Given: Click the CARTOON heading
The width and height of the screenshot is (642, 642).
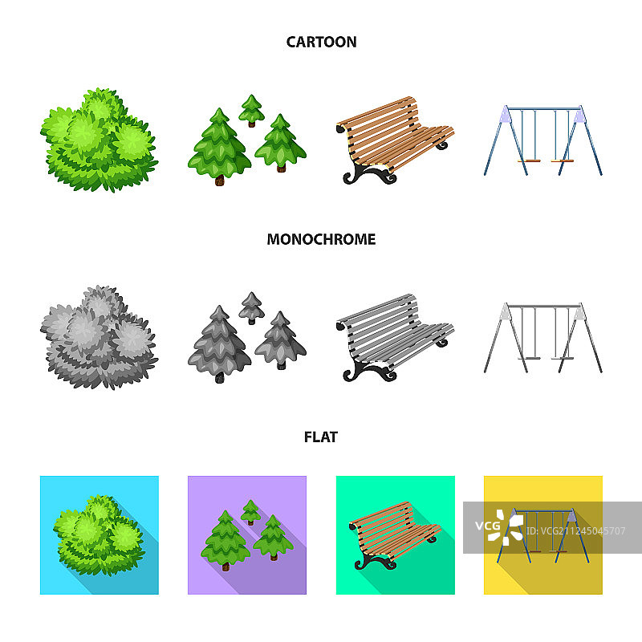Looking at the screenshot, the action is click(x=321, y=42).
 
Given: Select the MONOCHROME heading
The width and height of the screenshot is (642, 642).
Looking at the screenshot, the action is click(x=321, y=239).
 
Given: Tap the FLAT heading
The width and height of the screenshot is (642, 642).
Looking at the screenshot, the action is click(x=320, y=437).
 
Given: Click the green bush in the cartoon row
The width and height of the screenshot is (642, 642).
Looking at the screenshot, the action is click(x=99, y=140).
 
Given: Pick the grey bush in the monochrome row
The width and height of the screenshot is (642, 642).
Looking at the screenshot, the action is click(x=99, y=337).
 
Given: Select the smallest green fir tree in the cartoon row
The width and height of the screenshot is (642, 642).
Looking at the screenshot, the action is click(x=251, y=110).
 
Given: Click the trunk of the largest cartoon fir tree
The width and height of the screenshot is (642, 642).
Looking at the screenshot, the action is click(x=220, y=180).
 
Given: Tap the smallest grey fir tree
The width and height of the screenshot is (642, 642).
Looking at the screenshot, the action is click(x=251, y=308).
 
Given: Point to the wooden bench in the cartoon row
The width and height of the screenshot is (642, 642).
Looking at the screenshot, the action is click(x=395, y=140).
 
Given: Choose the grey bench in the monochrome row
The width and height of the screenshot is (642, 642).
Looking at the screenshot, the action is click(x=395, y=338).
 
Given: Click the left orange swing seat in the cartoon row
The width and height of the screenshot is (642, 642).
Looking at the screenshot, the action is click(x=529, y=161).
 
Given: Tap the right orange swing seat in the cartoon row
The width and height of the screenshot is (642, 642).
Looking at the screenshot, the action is click(x=563, y=161).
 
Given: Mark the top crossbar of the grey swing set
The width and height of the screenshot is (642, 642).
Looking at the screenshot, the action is click(x=544, y=307).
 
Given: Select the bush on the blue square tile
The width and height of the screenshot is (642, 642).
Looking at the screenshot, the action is click(x=99, y=535).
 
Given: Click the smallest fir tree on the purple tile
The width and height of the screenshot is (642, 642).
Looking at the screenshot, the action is click(x=250, y=512).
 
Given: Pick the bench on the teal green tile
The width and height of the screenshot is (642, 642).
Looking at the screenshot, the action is click(x=395, y=535).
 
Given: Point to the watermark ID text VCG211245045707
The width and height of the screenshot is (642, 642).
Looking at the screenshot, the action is click(x=575, y=531).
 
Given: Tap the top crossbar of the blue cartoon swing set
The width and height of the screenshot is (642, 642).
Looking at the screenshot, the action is click(x=544, y=109).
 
